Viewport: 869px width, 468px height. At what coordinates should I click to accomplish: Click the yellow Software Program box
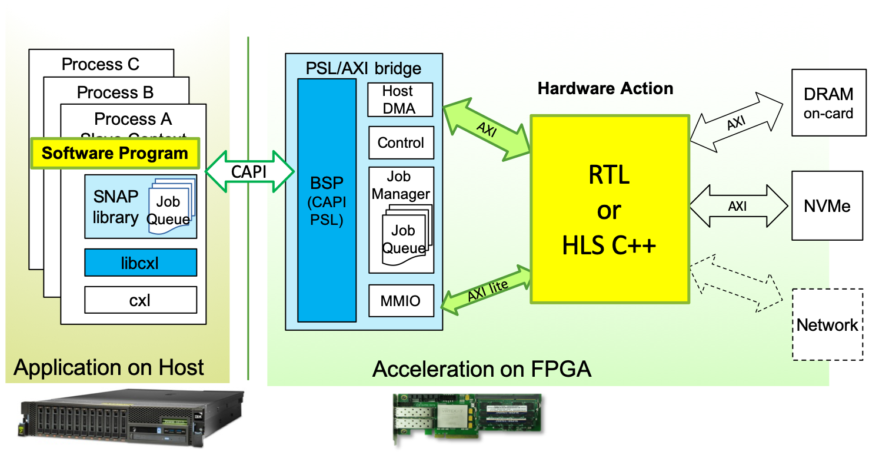click(x=115, y=154)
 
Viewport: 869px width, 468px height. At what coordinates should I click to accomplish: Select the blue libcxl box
click(x=140, y=263)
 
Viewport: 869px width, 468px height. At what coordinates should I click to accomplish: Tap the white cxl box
click(x=140, y=300)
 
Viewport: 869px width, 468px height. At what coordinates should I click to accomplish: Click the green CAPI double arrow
click(x=249, y=171)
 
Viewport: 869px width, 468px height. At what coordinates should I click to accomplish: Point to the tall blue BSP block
click(x=327, y=200)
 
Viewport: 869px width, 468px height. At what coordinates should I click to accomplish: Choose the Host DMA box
click(x=400, y=100)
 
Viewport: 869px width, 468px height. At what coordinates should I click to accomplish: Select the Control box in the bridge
click(x=401, y=142)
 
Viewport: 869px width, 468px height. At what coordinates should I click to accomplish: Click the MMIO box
click(x=401, y=301)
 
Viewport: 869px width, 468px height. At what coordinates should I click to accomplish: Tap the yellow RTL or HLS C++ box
click(x=610, y=209)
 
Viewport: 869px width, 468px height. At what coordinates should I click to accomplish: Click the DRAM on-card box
click(x=828, y=102)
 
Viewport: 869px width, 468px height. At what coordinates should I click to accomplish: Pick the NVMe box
click(x=827, y=206)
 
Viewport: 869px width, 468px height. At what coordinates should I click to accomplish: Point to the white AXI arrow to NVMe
click(x=738, y=206)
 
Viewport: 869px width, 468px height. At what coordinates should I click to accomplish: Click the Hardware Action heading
click(x=605, y=89)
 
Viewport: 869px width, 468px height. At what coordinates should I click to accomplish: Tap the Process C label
click(x=101, y=64)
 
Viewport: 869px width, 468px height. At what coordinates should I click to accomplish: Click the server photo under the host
click(x=132, y=418)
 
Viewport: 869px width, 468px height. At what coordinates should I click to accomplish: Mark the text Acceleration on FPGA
click(x=481, y=369)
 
